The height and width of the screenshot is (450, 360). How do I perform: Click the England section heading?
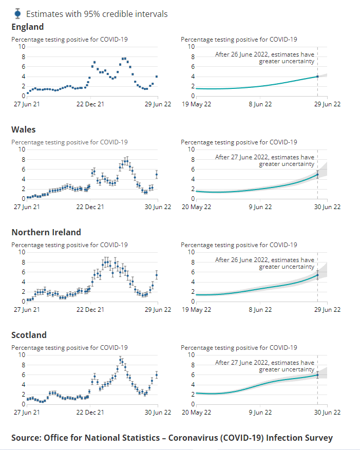point(28,27)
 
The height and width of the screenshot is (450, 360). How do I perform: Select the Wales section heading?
point(24,129)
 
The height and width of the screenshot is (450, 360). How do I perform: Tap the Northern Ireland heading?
point(46,232)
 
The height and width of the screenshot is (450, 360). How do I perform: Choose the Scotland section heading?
point(29,335)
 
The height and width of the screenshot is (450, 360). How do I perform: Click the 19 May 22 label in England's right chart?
point(196,104)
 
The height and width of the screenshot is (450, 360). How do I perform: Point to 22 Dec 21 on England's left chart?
point(90,104)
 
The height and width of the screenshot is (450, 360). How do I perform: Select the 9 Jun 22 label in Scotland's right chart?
point(261,412)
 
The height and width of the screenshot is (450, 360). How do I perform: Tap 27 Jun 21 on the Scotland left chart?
point(27,412)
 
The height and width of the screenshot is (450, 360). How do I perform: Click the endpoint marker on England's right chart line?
point(317,77)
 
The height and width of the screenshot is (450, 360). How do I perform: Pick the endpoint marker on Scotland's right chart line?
point(317,375)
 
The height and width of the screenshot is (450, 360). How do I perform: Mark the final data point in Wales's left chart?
point(157,175)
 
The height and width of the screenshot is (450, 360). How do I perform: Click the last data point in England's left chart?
point(157,77)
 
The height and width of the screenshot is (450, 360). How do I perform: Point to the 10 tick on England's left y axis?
point(22,47)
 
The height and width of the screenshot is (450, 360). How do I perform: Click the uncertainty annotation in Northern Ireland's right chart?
point(264,264)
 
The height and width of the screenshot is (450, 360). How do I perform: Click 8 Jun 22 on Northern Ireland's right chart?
point(261,309)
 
